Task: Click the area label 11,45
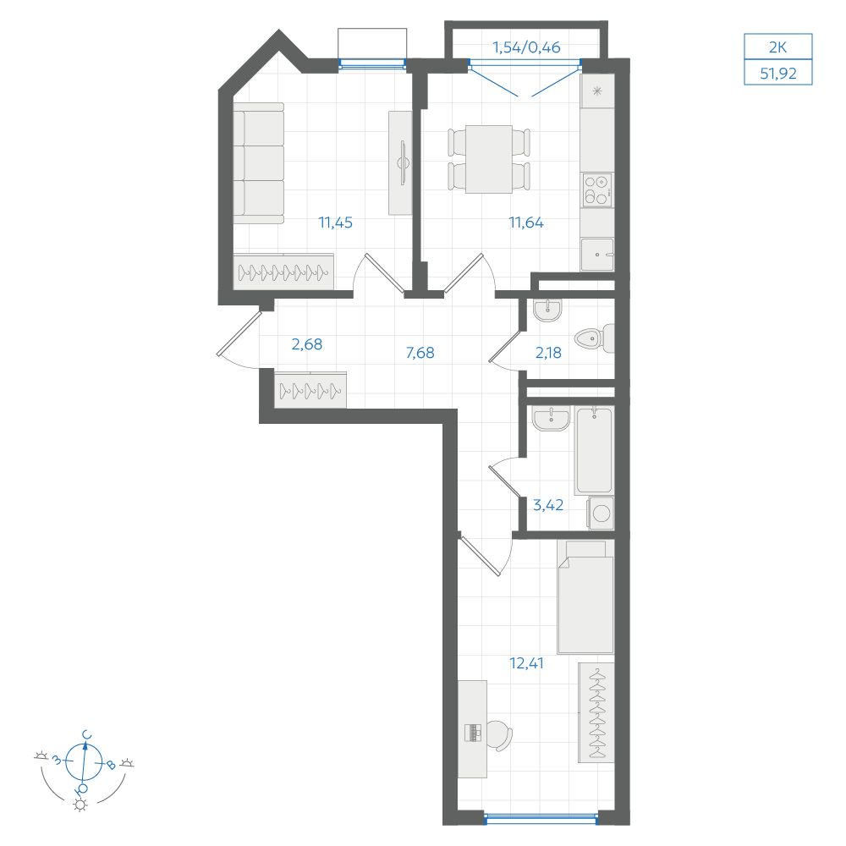[x=335, y=222]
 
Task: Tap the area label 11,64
[x=526, y=222]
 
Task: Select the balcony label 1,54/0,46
[x=526, y=47]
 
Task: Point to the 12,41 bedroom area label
[x=526, y=663]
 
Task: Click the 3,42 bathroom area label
[x=548, y=505]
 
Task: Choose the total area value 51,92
[x=778, y=74]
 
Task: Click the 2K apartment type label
[x=777, y=47]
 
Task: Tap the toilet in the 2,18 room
[x=594, y=338]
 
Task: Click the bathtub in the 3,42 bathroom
[x=595, y=451]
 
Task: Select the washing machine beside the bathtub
[x=601, y=513]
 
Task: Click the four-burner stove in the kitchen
[x=597, y=190]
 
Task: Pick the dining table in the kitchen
[x=489, y=159]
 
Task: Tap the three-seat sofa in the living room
[x=258, y=163]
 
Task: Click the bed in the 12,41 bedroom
[x=585, y=597]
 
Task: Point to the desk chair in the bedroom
[x=499, y=735]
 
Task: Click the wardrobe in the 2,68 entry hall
[x=310, y=389]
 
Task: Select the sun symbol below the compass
[x=80, y=805]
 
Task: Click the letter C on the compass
[x=86, y=735]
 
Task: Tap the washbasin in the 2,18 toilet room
[x=547, y=310]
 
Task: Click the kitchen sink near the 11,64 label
[x=597, y=254]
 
